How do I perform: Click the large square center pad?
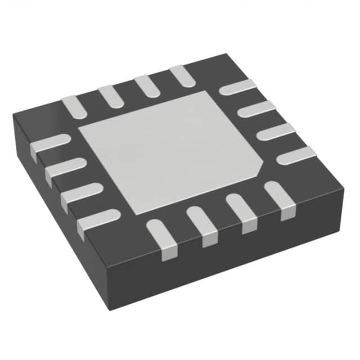(169, 152)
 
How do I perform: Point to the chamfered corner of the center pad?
(260, 167)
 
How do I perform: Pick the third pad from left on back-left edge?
(145, 85)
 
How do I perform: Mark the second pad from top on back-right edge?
(256, 109)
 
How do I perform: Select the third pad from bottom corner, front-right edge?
(240, 211)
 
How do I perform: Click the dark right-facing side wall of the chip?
(236, 264)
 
